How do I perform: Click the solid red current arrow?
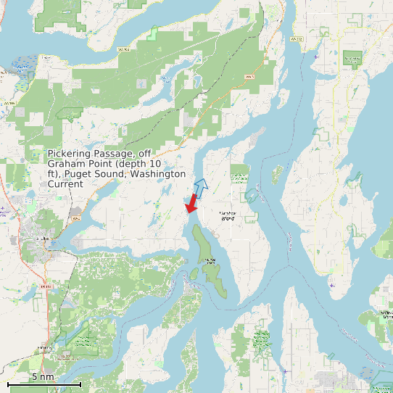point(192,204)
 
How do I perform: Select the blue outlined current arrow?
point(201,186)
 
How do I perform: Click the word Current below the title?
point(65,184)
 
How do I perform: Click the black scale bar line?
point(44,384)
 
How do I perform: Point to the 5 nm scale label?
point(43,376)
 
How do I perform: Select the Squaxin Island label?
point(210,260)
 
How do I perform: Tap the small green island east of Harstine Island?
point(276,174)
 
